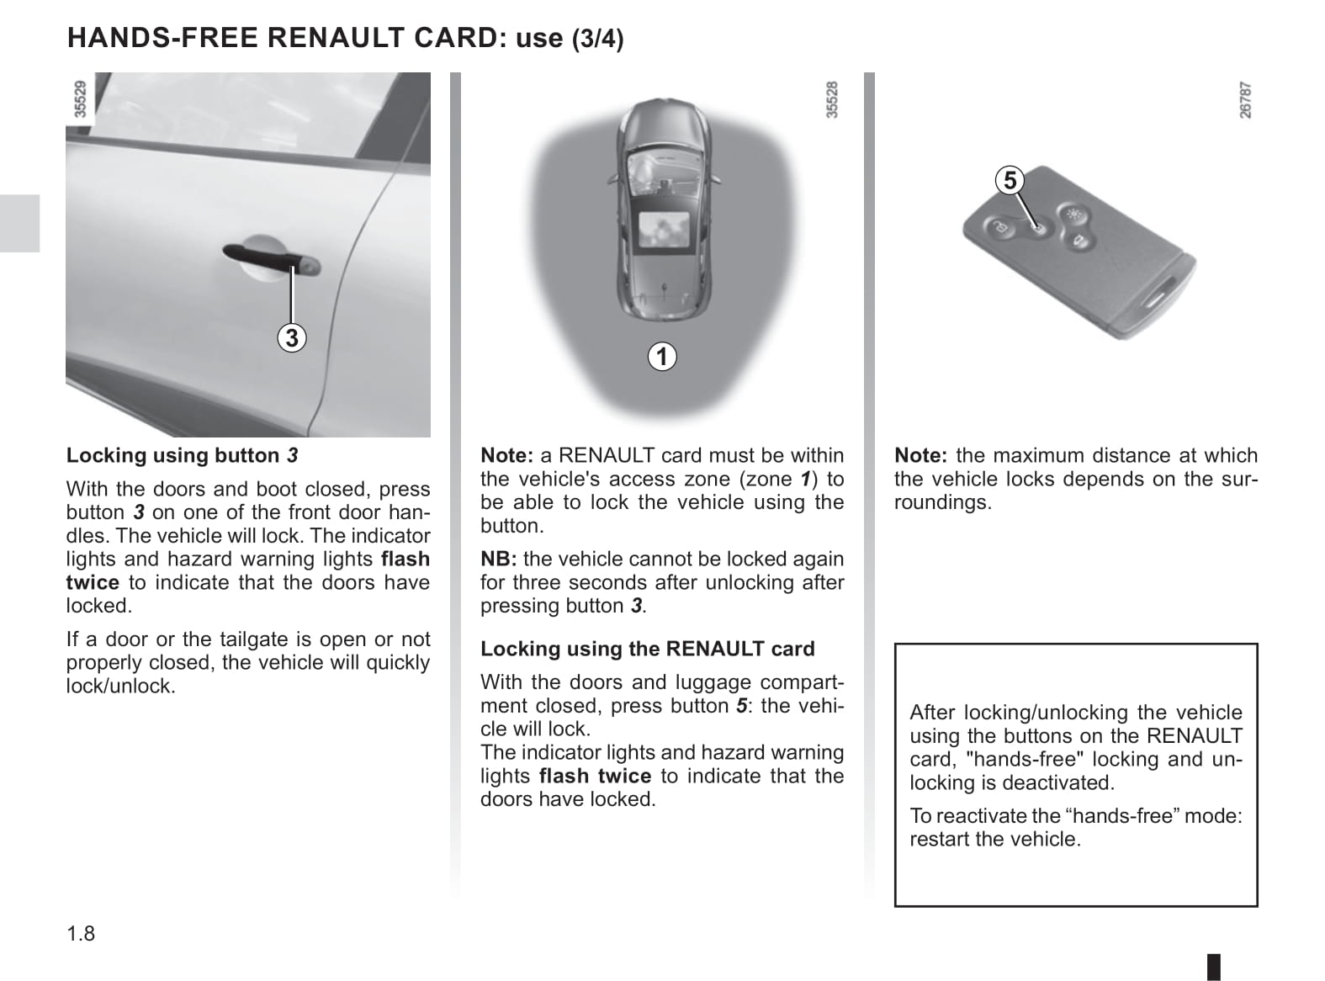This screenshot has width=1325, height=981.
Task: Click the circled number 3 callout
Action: coord(291,338)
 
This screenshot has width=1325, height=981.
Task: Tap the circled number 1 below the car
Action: coord(662,357)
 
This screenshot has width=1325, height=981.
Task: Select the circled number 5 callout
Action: coord(1010,181)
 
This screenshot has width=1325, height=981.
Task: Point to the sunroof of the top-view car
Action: coord(665,230)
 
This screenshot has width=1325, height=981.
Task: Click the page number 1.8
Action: coord(81,933)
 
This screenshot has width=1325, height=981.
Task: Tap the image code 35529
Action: coord(80,98)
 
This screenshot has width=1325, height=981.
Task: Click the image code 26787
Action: coord(1245,100)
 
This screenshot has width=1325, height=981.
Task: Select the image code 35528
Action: coord(831,99)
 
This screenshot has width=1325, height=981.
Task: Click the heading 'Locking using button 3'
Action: coord(182,455)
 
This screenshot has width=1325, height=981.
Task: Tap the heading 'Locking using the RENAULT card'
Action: coord(647,649)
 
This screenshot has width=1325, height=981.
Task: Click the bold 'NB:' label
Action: coord(498,559)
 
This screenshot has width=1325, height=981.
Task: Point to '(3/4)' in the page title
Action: coord(597,39)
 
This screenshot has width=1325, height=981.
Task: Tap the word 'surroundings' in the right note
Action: coord(942,502)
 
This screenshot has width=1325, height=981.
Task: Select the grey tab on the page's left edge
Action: coord(19,223)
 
